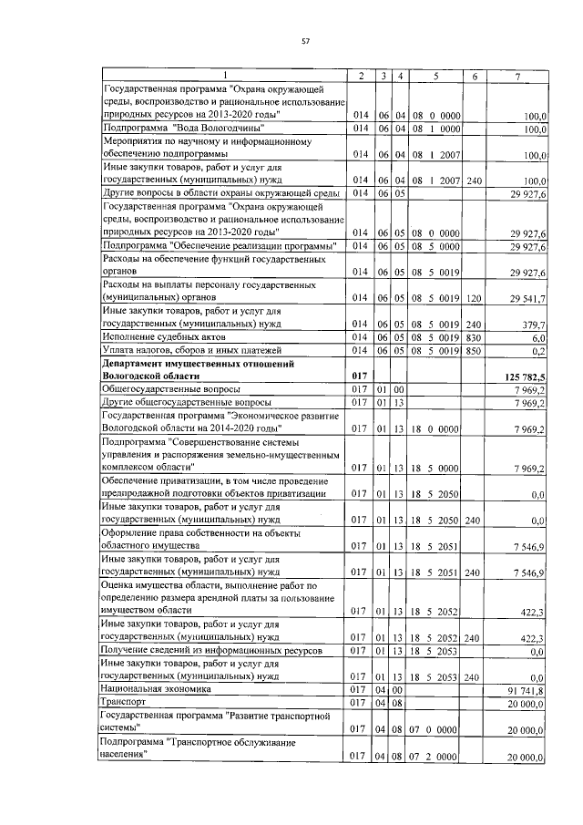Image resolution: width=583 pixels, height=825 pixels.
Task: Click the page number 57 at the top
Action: coord(306,41)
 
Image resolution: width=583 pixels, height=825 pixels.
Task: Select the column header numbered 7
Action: coord(517,76)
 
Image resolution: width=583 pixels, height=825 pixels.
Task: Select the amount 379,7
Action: coord(533,325)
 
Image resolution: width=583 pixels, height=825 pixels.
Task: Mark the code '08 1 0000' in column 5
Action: coord(436,129)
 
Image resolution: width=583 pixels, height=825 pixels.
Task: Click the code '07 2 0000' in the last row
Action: coord(436,758)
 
